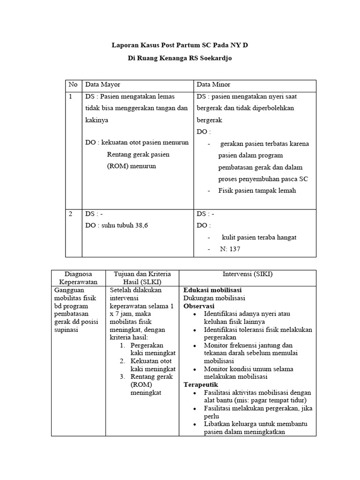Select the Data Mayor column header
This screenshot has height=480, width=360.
103,85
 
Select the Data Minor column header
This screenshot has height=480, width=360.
213,85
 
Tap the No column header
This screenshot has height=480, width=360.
73,85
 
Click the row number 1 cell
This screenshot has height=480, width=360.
71,97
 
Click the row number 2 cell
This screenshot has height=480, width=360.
71,214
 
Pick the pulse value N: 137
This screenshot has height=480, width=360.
230,249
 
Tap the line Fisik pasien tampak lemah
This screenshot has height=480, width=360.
257,191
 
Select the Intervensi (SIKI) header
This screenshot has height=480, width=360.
247,274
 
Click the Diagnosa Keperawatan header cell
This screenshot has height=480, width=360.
78,278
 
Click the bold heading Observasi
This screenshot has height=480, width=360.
198,306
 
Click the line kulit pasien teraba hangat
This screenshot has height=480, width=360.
259,237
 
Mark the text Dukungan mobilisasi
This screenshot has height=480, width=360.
214,298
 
